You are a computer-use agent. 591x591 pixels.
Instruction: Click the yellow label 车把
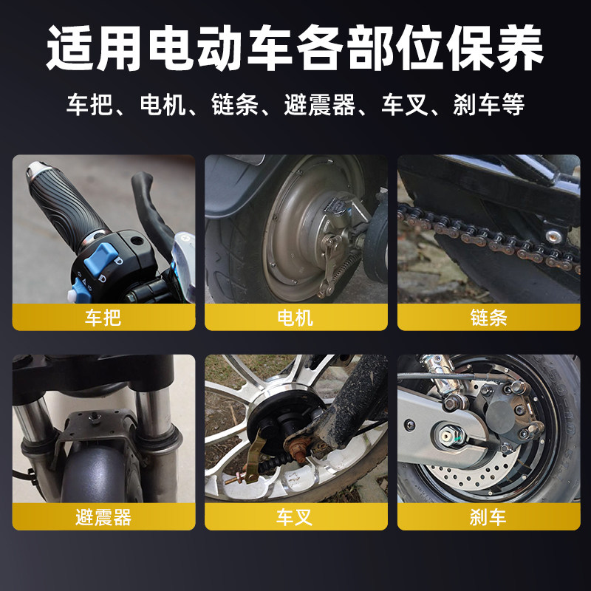pyautogui.click(x=103, y=318)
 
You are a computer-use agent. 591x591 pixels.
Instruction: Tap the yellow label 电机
pyautogui.click(x=295, y=318)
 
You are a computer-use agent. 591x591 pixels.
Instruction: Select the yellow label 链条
pyautogui.click(x=488, y=318)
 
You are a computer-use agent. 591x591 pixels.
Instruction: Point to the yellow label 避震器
pyautogui.click(x=103, y=517)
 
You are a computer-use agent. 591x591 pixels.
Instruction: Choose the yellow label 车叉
pyautogui.click(x=295, y=517)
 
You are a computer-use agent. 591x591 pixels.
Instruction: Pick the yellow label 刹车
pyautogui.click(x=488, y=517)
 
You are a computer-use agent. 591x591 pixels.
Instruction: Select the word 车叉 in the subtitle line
pyautogui.click(x=404, y=104)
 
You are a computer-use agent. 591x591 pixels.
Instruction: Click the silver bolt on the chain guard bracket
pyautogui.click(x=551, y=236)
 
